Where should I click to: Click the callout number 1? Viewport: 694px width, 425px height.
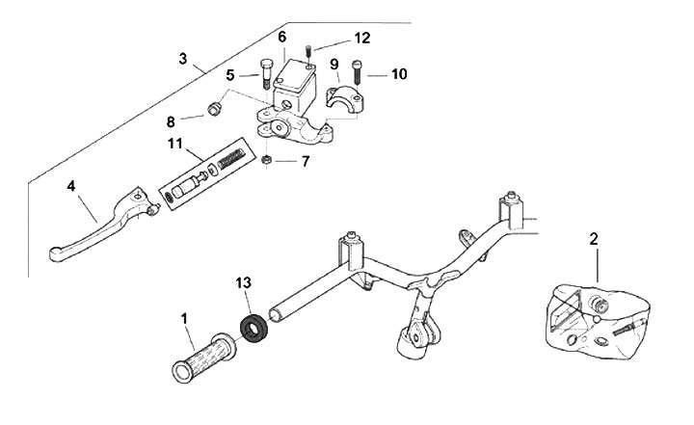185,316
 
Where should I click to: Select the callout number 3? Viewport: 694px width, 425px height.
183,58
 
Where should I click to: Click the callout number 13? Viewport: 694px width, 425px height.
244,283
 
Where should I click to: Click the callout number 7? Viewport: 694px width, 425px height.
305,162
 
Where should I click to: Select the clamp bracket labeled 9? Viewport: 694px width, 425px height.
345,99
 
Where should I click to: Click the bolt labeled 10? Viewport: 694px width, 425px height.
357,71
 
